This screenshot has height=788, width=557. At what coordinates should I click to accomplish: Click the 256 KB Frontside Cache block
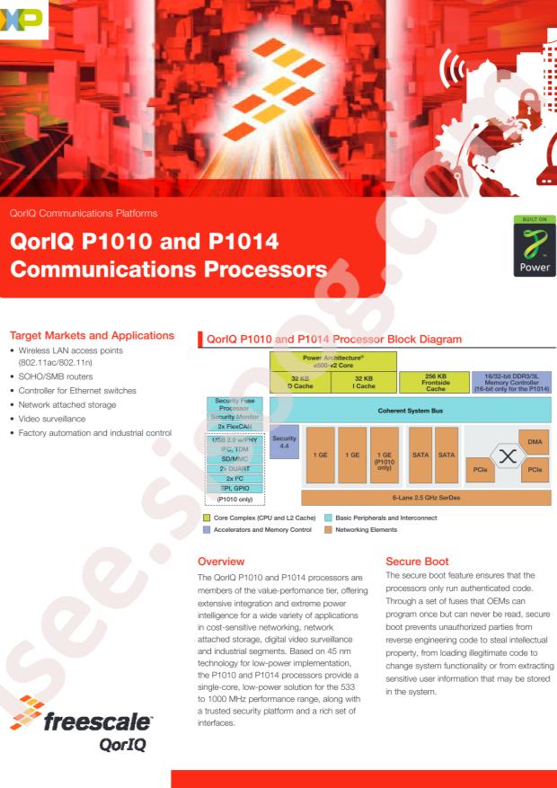pos(435,383)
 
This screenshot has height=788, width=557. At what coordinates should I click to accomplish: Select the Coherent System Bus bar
pos(410,410)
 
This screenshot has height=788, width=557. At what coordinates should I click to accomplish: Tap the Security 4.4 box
pos(284,441)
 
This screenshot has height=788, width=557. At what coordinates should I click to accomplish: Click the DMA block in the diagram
pos(535,441)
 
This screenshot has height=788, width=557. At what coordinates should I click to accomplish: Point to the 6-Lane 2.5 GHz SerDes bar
pos(426,497)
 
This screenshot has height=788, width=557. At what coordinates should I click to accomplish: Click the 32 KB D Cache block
pos(300,383)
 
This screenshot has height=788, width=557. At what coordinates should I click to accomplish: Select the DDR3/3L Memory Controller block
pos(511,383)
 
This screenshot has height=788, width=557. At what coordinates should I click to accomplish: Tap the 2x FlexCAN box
pos(234,426)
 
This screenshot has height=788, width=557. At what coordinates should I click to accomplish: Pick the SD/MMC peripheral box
pos(234,458)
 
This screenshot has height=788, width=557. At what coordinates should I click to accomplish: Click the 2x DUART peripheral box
pos(234,468)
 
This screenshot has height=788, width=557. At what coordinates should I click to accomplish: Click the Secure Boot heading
pos(417,561)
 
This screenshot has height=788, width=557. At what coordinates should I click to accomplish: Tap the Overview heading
pos(220,561)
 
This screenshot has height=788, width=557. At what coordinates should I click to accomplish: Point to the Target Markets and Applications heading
pos(91,335)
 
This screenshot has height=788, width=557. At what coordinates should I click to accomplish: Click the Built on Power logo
pos(529,246)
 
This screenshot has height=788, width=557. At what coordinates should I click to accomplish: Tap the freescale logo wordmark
pos(98,721)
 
